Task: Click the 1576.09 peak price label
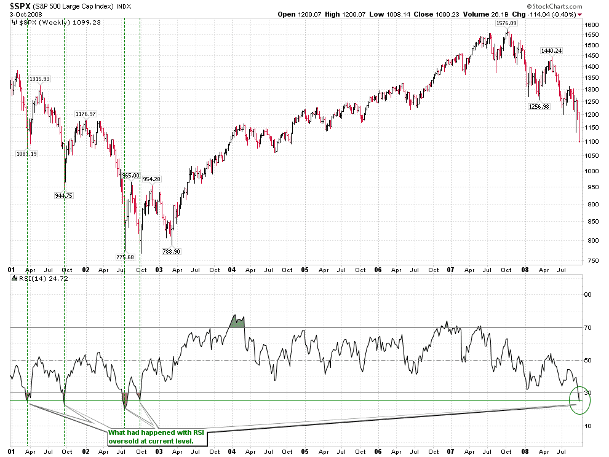506,23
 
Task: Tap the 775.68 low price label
125,257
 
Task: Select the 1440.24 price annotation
552,50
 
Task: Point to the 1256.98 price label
538,106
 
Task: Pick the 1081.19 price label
27,154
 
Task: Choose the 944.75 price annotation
64,195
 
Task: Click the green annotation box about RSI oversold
157,437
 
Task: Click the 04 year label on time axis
232,270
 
